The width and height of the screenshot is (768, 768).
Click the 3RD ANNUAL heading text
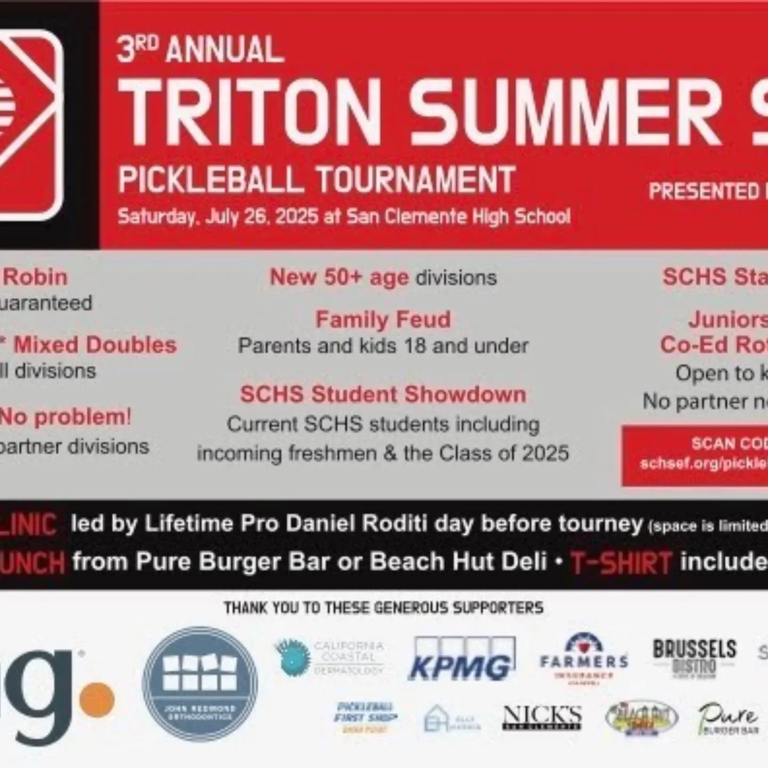click(x=200, y=50)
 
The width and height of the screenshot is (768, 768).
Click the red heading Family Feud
click(x=383, y=319)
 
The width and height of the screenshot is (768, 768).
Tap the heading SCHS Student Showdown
click(x=383, y=395)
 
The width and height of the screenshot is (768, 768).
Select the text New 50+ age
click(x=339, y=277)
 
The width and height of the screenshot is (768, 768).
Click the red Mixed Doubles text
click(x=95, y=345)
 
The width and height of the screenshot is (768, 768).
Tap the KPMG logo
click(x=461, y=660)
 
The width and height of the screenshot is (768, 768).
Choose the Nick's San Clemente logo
click(x=542, y=717)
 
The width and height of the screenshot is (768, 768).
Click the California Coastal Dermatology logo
click(x=331, y=658)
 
